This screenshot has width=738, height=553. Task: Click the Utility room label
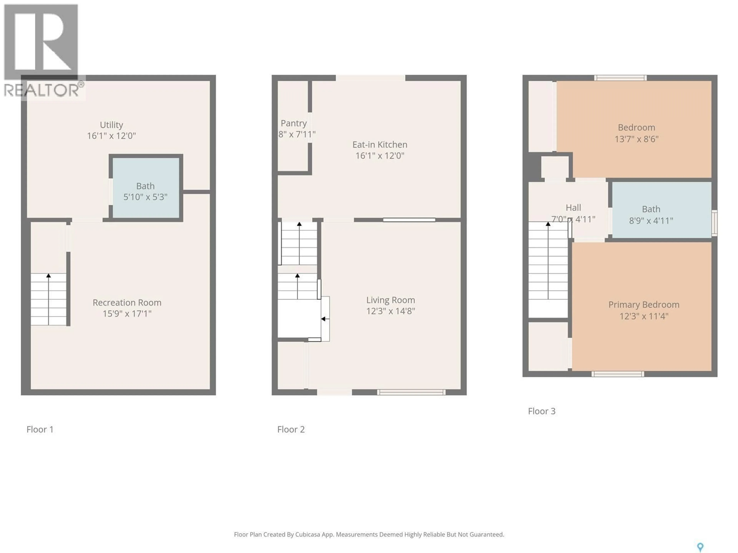(111, 125)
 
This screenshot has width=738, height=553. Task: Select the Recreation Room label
(127, 302)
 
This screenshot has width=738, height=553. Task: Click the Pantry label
(294, 123)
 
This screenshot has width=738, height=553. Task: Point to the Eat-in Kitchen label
(380, 144)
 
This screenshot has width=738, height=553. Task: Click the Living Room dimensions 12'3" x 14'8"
(390, 311)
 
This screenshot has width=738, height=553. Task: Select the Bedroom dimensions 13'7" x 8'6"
(636, 139)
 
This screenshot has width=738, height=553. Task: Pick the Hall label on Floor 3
(573, 208)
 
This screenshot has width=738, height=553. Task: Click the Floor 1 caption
(40, 429)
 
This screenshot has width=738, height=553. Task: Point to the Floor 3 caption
(542, 411)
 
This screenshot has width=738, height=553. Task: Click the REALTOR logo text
(42, 90)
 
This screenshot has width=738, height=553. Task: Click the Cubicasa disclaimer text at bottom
(369, 534)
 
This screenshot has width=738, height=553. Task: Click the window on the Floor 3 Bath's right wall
(714, 223)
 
